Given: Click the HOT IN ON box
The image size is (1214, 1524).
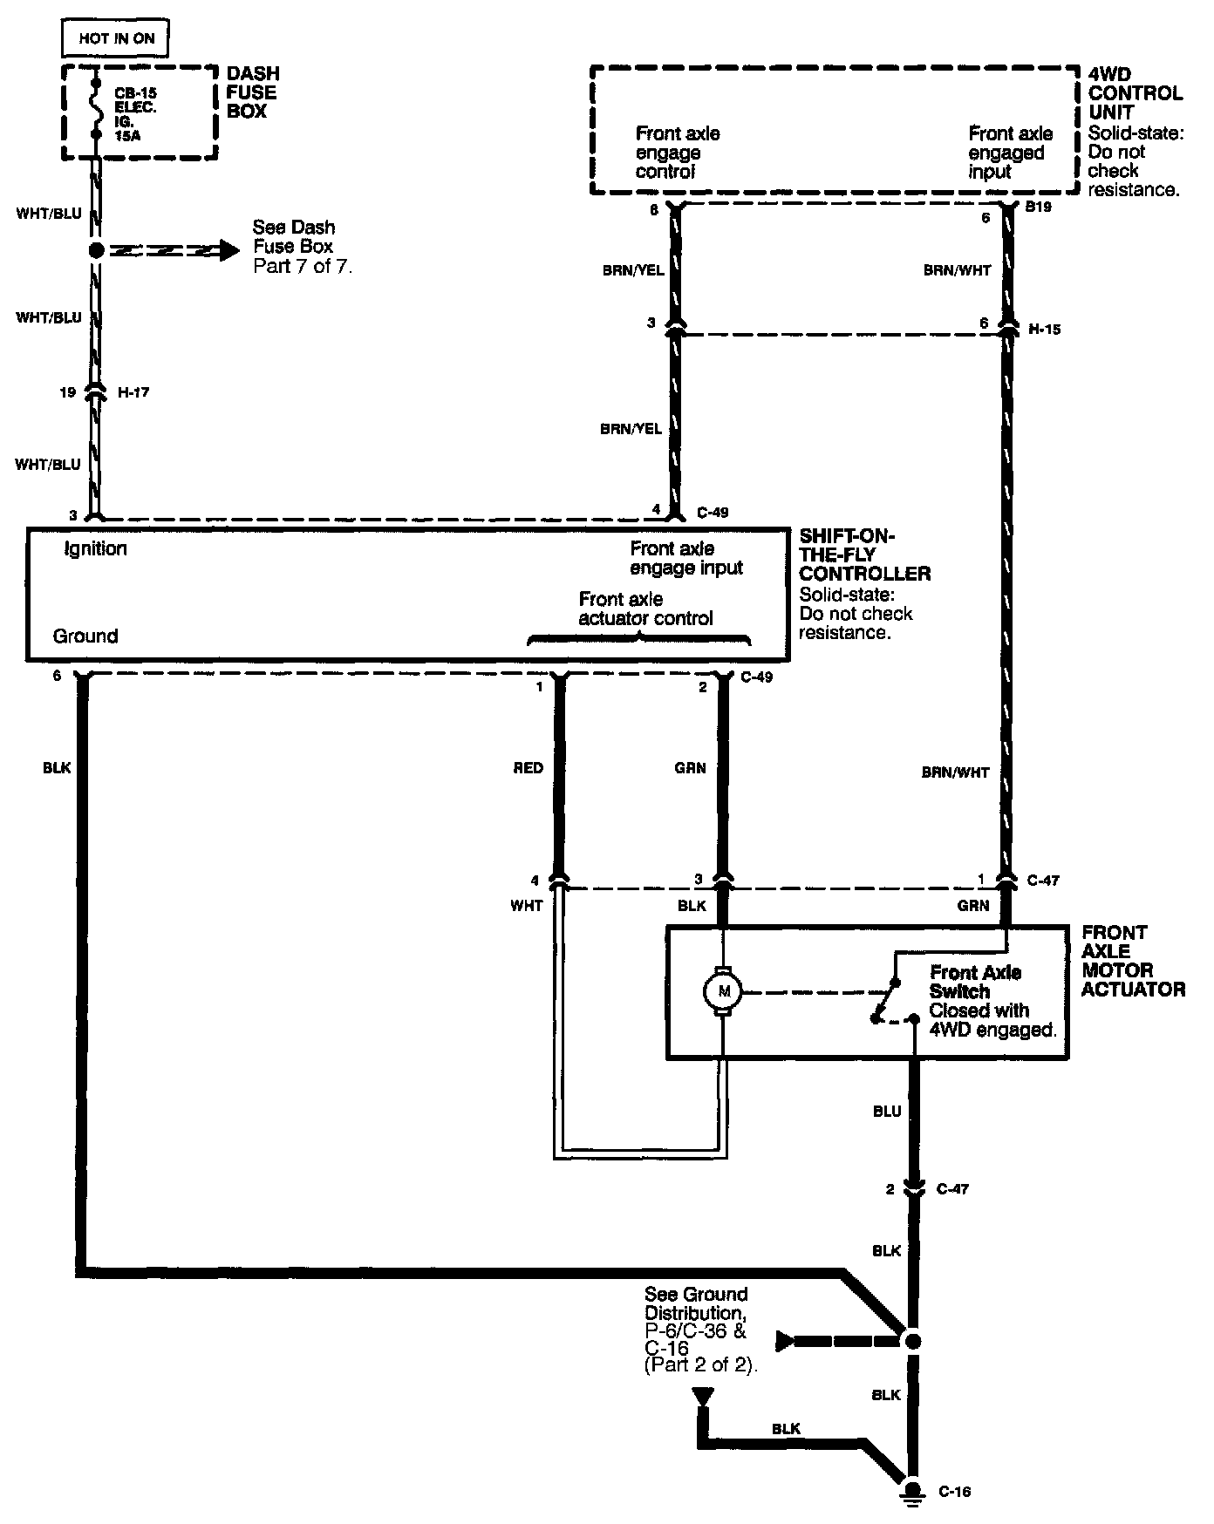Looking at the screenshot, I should [115, 38].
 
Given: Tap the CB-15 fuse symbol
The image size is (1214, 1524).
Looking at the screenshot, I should [96, 112].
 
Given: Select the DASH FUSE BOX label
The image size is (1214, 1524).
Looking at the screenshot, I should [252, 92].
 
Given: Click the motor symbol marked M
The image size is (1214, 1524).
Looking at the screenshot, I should [722, 991].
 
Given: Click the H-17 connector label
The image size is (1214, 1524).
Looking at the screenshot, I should [133, 393].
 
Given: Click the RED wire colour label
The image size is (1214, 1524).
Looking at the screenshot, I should [528, 768].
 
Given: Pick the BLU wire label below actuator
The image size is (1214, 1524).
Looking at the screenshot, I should [886, 1112].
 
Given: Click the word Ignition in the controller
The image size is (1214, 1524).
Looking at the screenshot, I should [96, 548].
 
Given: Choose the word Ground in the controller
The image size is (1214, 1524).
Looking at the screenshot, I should [85, 636].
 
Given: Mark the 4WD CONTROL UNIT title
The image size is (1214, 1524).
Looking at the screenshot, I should [1135, 93].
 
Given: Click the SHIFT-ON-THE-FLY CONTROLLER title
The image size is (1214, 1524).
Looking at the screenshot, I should [863, 554].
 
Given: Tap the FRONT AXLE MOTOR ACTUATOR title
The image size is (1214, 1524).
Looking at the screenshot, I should [1133, 961].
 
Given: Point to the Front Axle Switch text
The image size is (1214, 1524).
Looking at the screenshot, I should [975, 982].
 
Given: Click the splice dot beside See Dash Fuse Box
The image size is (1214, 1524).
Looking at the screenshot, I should [96, 250].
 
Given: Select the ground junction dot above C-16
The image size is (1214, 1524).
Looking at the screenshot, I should [913, 1341].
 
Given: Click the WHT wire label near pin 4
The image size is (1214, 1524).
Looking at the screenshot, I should [526, 906].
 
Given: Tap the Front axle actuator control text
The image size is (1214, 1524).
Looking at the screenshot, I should [645, 609].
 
